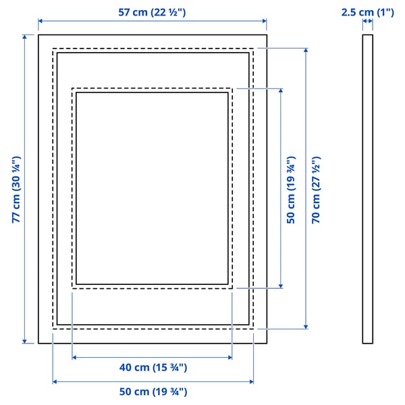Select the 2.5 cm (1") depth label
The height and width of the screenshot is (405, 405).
tap(367, 11)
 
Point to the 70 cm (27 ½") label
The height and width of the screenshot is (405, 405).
tap(315, 189)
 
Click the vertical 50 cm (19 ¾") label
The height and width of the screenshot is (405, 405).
tap(291, 189)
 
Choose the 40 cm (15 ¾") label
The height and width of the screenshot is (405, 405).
tap(153, 368)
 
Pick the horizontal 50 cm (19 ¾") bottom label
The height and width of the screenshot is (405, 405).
tap(153, 392)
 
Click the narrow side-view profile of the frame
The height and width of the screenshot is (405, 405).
tap(367, 189)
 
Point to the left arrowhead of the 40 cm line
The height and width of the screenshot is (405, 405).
tap(74, 358)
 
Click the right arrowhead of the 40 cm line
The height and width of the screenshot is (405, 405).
tap(230, 358)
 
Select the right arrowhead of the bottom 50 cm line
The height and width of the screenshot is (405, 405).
tap(250, 382)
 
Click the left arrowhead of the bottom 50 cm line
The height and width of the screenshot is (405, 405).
tap(55, 382)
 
